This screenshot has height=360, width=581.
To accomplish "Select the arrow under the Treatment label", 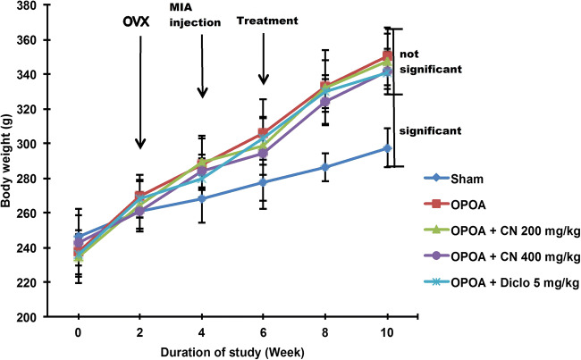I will [x=263, y=58].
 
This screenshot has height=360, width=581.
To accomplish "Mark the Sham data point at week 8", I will [x=324, y=167].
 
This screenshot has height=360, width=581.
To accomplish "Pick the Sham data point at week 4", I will [x=201, y=198].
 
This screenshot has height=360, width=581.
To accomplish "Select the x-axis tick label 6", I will [x=263, y=331].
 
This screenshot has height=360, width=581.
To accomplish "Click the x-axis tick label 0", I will [x=78, y=331].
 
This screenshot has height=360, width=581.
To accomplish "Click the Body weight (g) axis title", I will [x=10, y=161].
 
